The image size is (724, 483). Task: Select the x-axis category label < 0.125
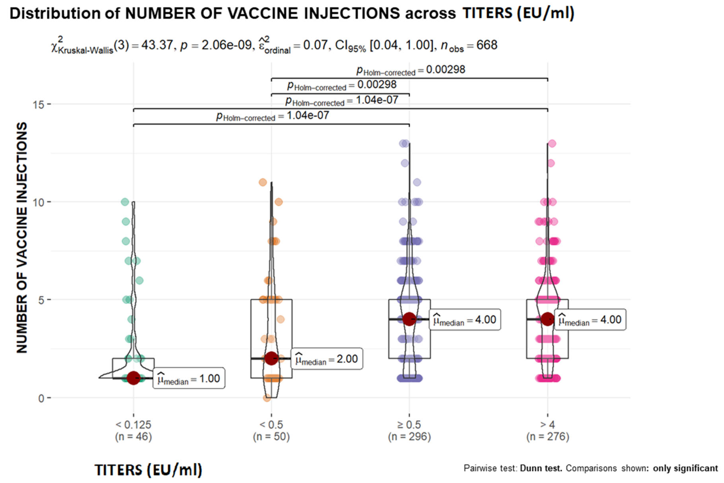133,425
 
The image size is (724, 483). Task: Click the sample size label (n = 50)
271,437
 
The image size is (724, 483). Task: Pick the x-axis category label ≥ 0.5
409,425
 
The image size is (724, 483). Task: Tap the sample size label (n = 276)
548,437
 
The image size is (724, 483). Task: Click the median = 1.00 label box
189,378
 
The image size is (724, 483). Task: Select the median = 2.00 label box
327,359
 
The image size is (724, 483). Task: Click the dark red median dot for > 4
548,319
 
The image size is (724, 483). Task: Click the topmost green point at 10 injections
125,202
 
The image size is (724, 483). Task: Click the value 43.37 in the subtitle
157,45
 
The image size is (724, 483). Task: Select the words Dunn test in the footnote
541,468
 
